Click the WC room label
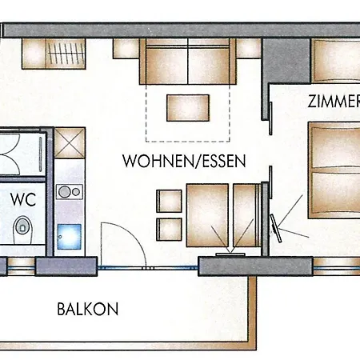(23, 197)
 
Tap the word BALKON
(88, 308)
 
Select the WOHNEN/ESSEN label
(183, 161)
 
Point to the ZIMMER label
(334, 102)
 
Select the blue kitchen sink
(70, 236)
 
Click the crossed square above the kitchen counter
(69, 144)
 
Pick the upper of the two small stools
(169, 199)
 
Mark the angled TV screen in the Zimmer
(277, 227)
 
